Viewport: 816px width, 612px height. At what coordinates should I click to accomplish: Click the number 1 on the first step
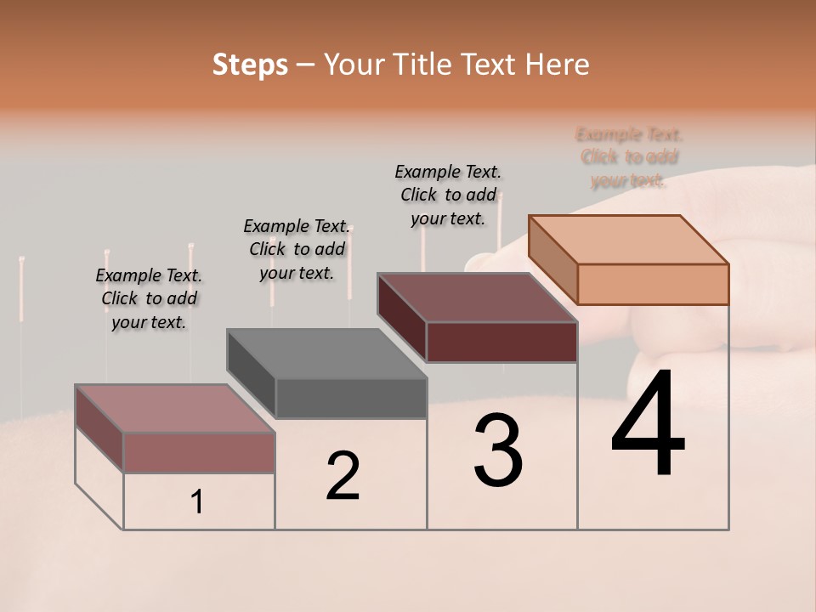[x=197, y=501]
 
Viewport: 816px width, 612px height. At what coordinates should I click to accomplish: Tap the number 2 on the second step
[x=343, y=475]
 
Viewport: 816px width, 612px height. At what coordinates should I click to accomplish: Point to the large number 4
[x=648, y=424]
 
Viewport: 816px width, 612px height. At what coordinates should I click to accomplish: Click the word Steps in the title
[x=250, y=65]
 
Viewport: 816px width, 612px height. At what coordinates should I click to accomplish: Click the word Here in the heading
[x=557, y=65]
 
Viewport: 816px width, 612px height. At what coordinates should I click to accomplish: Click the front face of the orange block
[x=653, y=284]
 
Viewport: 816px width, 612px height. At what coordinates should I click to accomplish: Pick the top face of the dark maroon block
[x=478, y=297]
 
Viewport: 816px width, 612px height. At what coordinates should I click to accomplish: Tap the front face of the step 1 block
[x=199, y=452]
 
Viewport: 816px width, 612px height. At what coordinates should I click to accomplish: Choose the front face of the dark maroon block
[x=501, y=342]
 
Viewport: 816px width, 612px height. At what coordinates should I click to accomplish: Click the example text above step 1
[x=150, y=298]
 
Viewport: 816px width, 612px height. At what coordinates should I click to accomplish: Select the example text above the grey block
[x=297, y=249]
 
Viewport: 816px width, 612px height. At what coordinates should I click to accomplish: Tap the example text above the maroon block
[x=448, y=195]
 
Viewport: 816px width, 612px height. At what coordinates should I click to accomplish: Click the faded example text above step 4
[x=629, y=157]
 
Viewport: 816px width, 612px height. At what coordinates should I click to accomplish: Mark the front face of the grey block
[x=351, y=398]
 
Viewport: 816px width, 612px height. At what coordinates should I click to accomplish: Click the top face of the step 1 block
[x=175, y=409]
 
